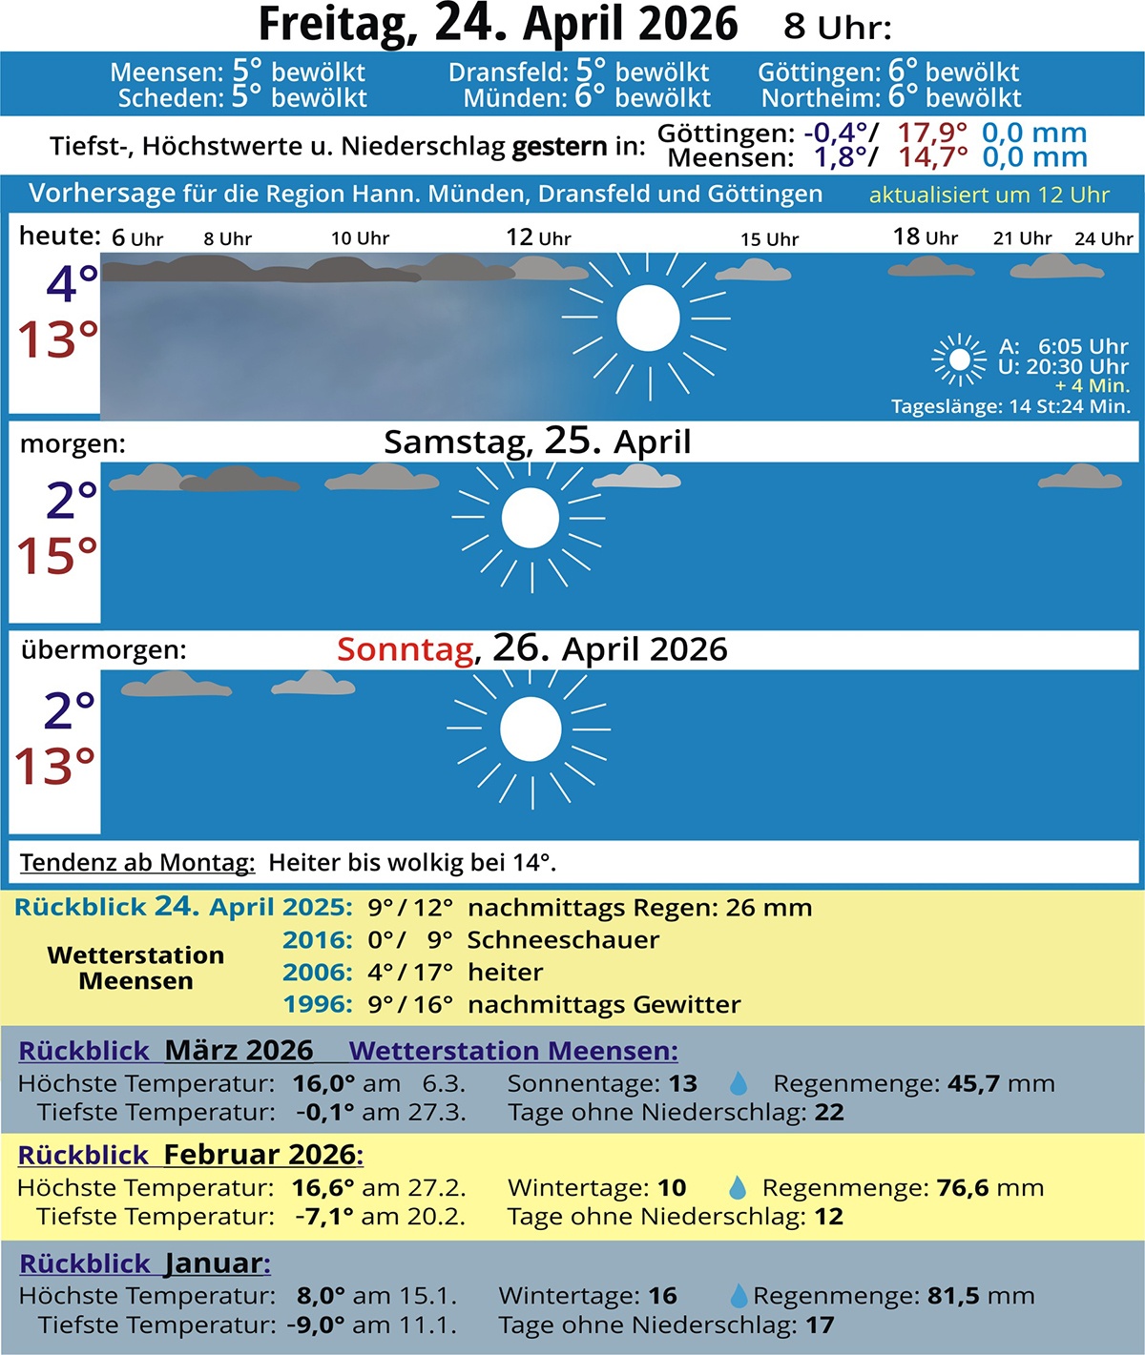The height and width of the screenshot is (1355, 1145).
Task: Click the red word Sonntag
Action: tap(406, 649)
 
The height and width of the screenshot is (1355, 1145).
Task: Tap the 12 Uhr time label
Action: tap(538, 237)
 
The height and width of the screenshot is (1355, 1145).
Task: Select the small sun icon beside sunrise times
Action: tap(959, 359)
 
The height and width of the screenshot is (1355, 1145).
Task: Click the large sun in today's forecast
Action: tap(648, 318)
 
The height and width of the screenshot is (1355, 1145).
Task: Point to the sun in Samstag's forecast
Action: tap(530, 518)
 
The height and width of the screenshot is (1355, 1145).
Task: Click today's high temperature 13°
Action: tap(57, 339)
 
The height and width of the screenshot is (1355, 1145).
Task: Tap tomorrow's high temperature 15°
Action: tap(57, 556)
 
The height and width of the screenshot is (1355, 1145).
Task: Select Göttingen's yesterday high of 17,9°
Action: tap(931, 133)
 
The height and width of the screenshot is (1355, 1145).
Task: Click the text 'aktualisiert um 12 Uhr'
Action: tap(989, 195)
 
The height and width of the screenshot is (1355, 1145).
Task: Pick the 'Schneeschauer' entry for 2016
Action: tap(563, 940)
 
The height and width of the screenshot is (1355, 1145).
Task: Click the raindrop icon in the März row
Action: tap(738, 1084)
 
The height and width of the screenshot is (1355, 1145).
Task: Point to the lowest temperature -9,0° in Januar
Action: tap(315, 1325)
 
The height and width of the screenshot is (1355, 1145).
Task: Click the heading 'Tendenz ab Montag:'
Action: tap(137, 863)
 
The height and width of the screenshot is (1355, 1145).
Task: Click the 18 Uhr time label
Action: tap(925, 236)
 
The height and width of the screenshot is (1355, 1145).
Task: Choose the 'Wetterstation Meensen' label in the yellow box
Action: tap(135, 968)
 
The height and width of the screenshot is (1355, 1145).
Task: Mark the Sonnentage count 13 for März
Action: tap(682, 1084)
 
